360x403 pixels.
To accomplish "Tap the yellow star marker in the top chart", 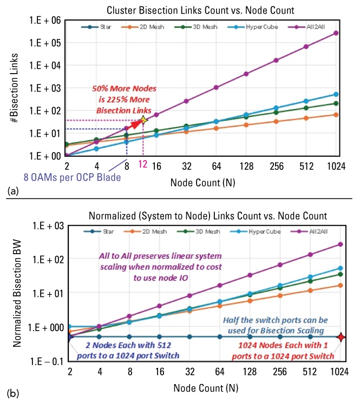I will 143,120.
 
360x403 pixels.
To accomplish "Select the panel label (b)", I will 9,392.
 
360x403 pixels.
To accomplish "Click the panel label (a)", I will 9,191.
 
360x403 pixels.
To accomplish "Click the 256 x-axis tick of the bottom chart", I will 277,373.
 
